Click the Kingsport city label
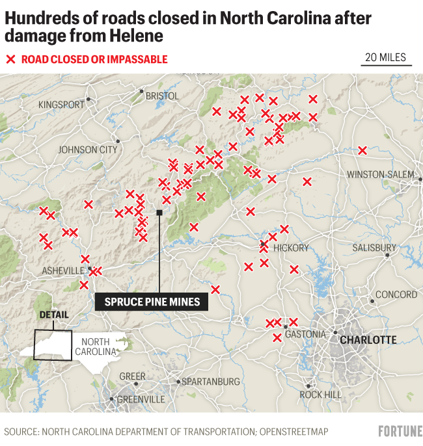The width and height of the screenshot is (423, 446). (x=61, y=105)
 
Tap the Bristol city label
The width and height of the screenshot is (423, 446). (x=162, y=96)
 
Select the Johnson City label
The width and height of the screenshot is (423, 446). (x=87, y=150)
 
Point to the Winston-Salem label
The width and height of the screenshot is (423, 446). (x=380, y=174)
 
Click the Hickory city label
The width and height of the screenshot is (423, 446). (x=291, y=248)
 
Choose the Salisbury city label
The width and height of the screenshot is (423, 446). (x=374, y=248)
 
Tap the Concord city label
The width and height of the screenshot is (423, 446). (x=396, y=295)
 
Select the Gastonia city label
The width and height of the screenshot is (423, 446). (x=305, y=334)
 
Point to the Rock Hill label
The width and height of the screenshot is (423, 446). (x=320, y=395)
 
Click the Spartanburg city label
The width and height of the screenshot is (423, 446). (x=211, y=382)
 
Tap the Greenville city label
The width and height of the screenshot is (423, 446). (x=142, y=399)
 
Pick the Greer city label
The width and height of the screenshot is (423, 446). (x=132, y=376)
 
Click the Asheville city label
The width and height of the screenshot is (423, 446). (x=62, y=270)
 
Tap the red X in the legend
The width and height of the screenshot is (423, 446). (x=10, y=60)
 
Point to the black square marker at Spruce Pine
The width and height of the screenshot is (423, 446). (x=159, y=212)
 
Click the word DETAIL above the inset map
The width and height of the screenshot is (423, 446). (x=53, y=315)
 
